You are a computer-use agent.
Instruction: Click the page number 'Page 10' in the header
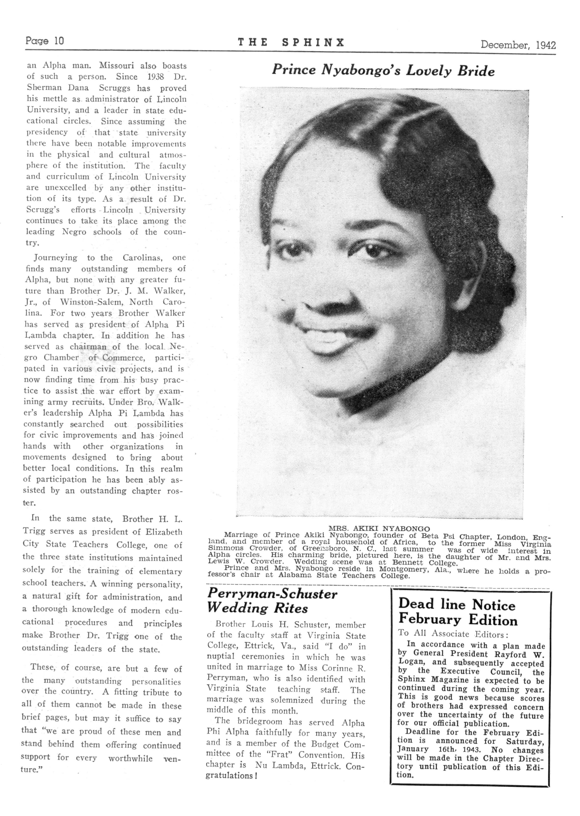pyautogui.click(x=45, y=41)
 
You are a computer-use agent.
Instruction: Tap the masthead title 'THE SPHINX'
pyautogui.click(x=291, y=43)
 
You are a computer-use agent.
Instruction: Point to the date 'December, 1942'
pyautogui.click(x=518, y=45)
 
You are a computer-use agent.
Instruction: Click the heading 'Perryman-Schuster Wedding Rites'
pyautogui.click(x=272, y=601)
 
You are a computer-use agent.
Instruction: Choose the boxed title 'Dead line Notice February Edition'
pyautogui.click(x=458, y=612)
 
